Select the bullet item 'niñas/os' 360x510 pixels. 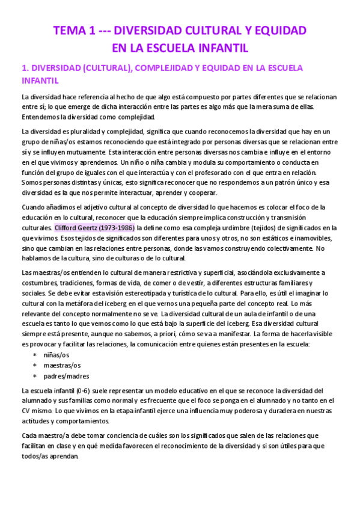pyautogui.click(x=56, y=355)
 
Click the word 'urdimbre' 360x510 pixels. pyautogui.click(x=212, y=228)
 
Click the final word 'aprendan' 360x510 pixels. pyautogui.click(x=64, y=456)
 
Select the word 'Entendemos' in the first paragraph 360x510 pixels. pyautogui.click(x=41, y=116)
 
